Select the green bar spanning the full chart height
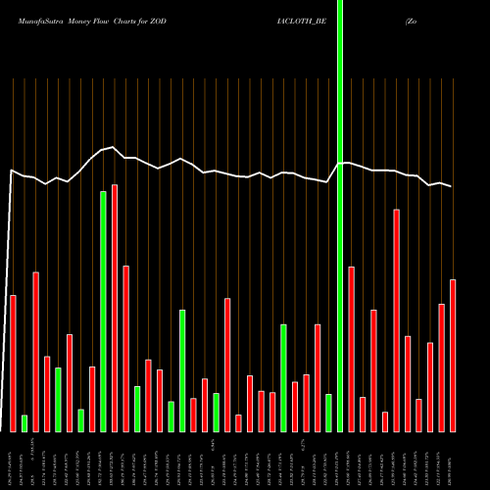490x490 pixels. pos(340,216)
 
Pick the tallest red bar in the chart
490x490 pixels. pos(115,308)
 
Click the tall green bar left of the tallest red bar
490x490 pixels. pos(103,312)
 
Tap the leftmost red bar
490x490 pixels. pos(13,363)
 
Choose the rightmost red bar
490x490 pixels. pos(453,355)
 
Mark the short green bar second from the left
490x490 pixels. pos(24,422)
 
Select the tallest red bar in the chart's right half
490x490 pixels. pos(397,319)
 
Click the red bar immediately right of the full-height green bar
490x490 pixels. pos(351,348)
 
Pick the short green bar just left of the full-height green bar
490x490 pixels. pos(328,413)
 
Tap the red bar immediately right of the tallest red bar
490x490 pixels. pos(125,348)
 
